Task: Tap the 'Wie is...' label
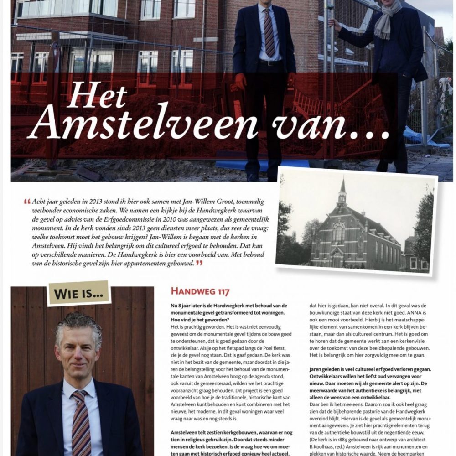(79, 293)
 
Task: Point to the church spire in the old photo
(342, 189)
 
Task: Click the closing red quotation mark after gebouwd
(199, 263)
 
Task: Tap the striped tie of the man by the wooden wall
(81, 422)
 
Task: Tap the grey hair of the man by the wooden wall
(78, 325)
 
